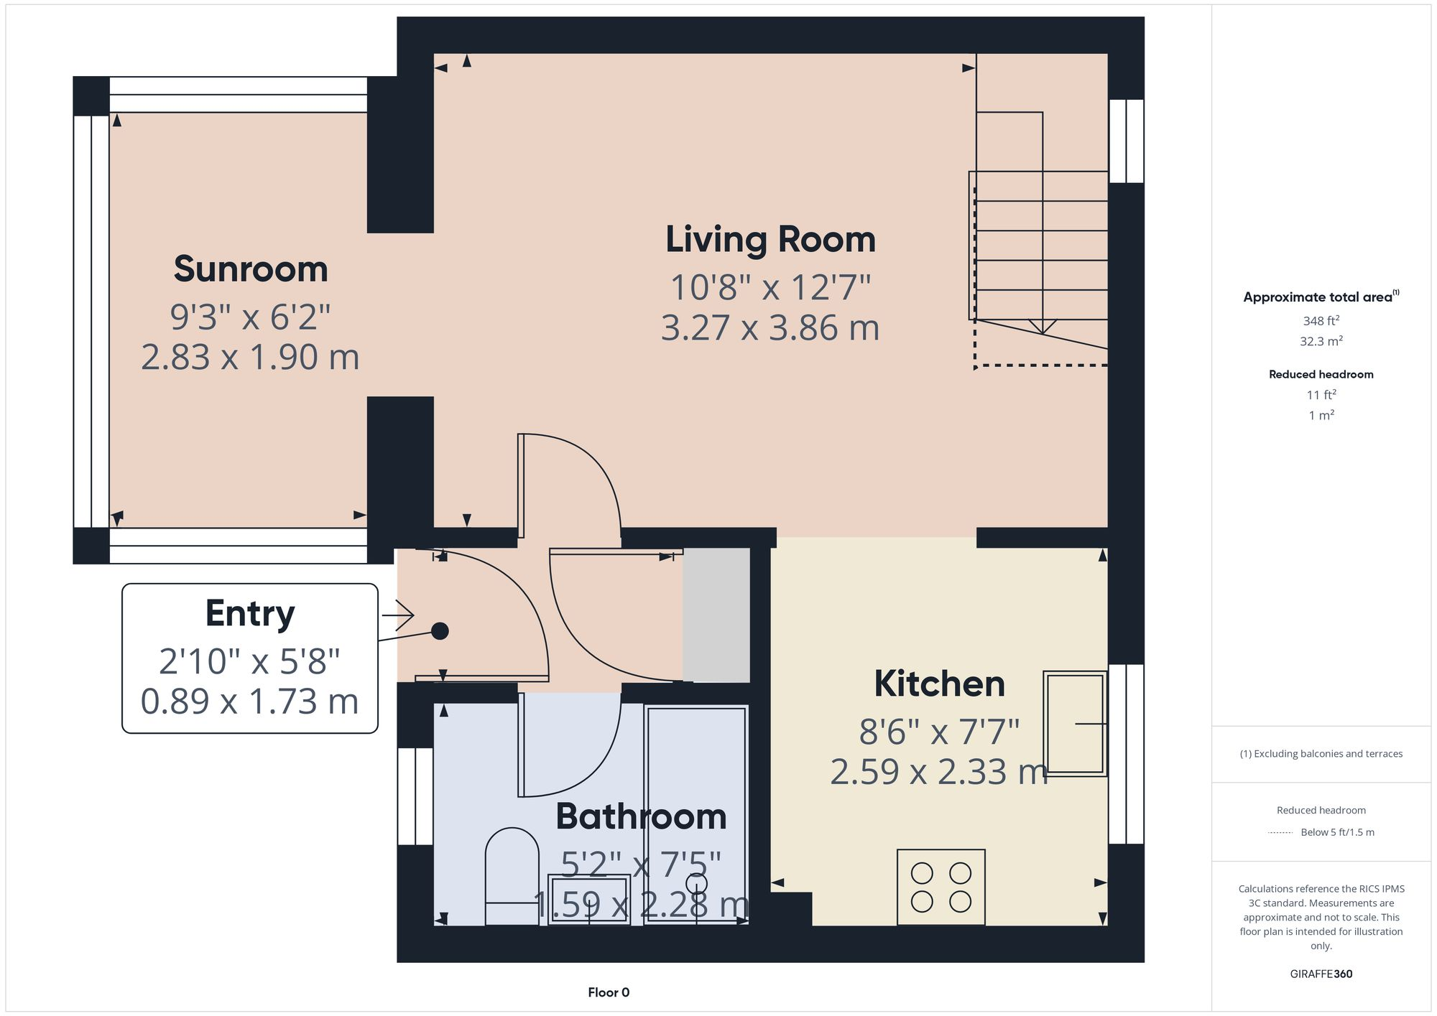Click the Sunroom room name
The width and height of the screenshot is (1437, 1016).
[251, 269]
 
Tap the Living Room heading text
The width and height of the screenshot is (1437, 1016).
[770, 240]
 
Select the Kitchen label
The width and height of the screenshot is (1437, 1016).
[939, 684]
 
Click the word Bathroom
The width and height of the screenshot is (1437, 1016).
[641, 817]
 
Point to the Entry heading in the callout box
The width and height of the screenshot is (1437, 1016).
[250, 613]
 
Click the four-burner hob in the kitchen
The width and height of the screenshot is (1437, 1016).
[941, 887]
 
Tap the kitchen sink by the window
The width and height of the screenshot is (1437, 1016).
[1074, 723]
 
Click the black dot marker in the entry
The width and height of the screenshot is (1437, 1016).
[440, 631]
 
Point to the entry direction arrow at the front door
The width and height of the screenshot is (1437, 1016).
[399, 615]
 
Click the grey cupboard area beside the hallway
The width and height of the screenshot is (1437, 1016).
[716, 615]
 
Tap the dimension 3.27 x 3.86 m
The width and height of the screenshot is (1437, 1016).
[770, 328]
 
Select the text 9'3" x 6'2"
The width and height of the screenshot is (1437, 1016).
[250, 317]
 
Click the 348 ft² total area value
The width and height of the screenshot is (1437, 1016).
[1321, 321]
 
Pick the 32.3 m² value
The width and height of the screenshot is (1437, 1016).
[1321, 341]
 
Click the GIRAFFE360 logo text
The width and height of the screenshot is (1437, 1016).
[1321, 974]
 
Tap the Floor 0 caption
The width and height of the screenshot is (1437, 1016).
[609, 992]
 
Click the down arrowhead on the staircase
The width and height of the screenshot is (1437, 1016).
[1043, 327]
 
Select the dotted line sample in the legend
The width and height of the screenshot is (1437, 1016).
[1280, 833]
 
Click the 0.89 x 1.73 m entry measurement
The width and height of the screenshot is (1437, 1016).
[249, 702]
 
